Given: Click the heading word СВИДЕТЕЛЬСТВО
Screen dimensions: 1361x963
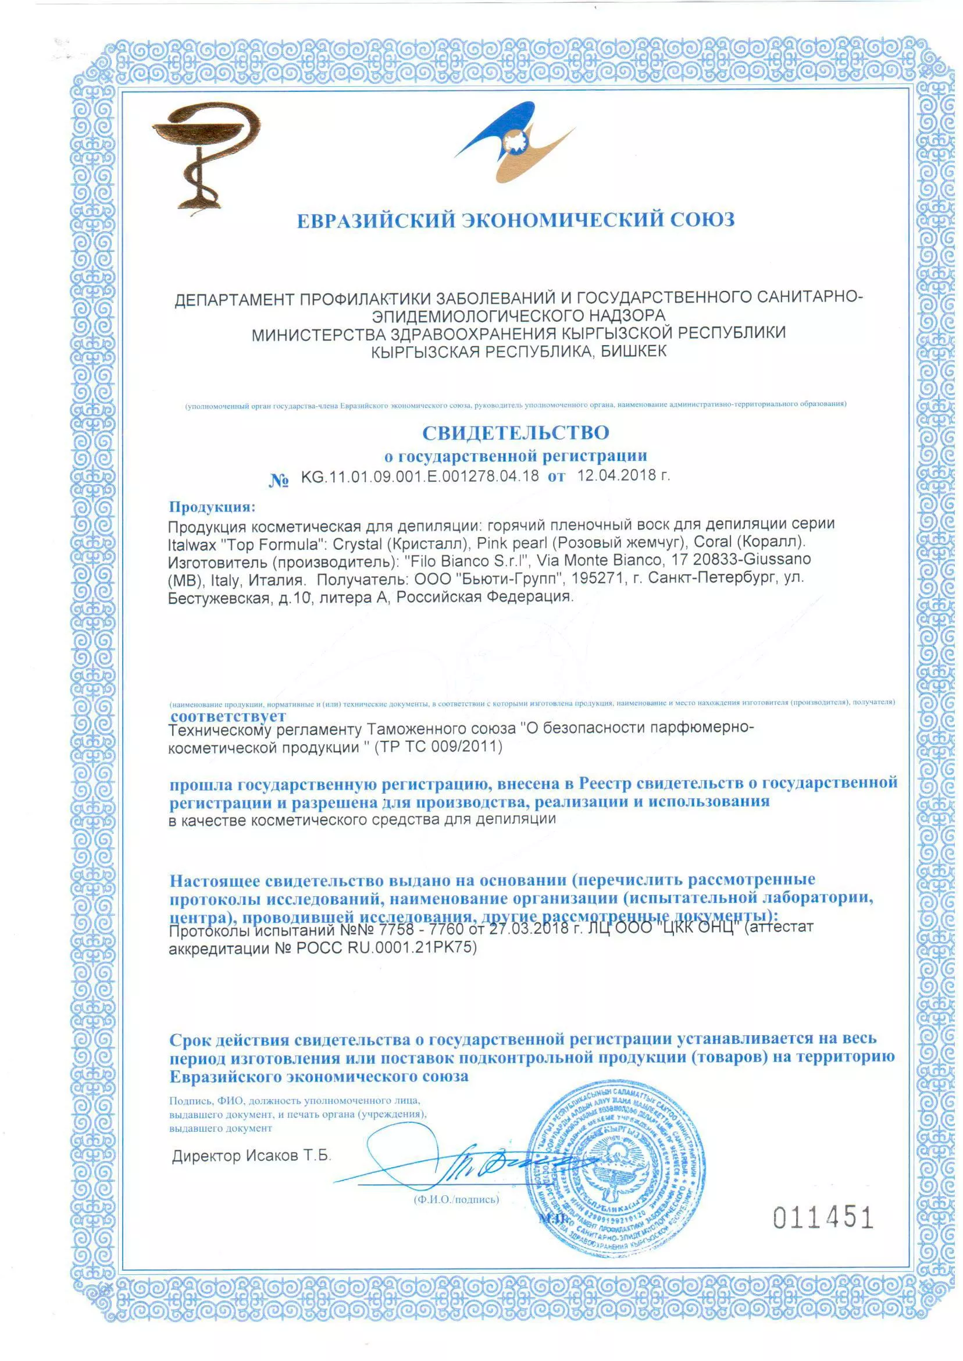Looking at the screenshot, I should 515,432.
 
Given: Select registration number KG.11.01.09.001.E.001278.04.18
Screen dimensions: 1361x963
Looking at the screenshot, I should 420,477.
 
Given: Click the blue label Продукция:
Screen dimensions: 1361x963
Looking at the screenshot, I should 212,507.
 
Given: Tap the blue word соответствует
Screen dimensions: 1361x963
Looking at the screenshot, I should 229,716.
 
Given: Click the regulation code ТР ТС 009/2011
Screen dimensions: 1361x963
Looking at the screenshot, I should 439,747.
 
